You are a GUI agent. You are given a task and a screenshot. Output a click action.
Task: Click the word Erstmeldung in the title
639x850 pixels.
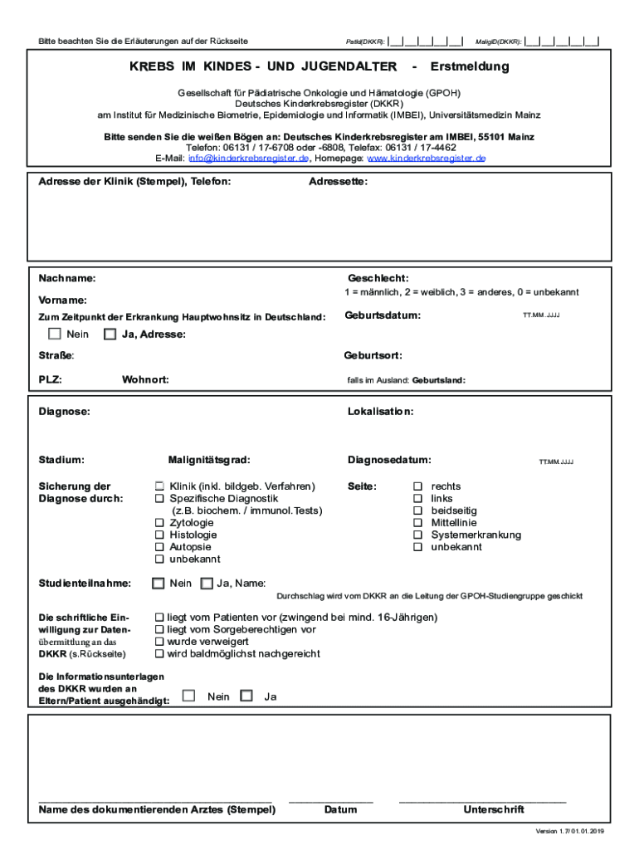point(470,66)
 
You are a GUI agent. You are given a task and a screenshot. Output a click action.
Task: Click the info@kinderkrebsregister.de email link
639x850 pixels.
point(249,158)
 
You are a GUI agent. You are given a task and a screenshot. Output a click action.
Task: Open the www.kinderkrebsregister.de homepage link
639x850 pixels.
point(427,158)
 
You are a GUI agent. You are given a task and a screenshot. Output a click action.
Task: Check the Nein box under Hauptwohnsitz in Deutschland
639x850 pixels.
point(55,335)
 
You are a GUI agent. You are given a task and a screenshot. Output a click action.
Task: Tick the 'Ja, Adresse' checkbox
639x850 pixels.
point(110,335)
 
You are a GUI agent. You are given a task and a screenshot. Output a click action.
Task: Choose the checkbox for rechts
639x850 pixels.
point(418,486)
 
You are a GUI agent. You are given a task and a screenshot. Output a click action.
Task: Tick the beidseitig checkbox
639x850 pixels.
point(418,510)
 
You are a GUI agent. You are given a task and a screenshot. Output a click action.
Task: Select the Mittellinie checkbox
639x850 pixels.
point(418,523)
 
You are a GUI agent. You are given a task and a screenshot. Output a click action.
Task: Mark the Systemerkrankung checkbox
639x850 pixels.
point(418,535)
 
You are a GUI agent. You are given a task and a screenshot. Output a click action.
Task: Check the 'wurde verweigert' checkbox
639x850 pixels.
point(160,642)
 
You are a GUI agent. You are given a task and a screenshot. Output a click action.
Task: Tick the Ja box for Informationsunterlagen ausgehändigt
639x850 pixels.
point(246,696)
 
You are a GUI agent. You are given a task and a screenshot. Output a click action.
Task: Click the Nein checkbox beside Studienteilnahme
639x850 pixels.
point(158,584)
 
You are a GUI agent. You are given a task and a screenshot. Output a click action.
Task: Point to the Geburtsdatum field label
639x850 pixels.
point(382,315)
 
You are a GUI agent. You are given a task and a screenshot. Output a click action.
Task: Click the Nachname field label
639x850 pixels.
point(67,278)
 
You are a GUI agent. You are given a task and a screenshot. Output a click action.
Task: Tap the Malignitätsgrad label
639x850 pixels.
point(208,459)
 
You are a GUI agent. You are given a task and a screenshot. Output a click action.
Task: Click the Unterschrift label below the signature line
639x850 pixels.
point(493,809)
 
